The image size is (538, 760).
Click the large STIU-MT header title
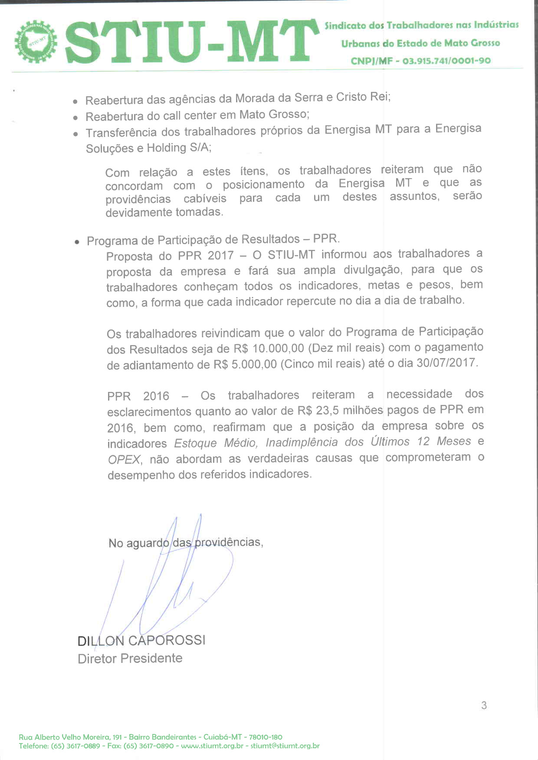[191, 42]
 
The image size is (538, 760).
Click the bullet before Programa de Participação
[77, 242]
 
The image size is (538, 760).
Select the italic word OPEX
[124, 460]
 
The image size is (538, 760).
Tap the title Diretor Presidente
[130, 659]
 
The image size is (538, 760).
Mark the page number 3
[484, 705]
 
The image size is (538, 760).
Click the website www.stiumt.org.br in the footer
[212, 746]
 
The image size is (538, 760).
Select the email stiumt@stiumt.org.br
[285, 746]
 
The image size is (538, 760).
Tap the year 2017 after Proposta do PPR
[220, 255]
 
